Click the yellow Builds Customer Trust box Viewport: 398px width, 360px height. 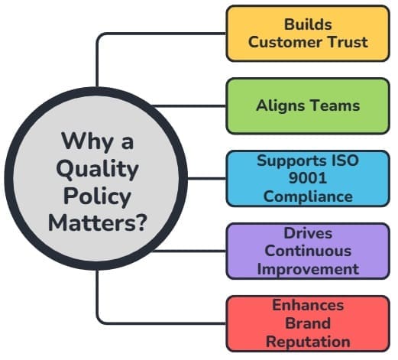[307, 33]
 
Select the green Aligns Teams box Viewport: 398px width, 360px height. [307, 105]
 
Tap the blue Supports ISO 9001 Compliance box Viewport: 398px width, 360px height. [307, 178]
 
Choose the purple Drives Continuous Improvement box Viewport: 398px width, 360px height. [307, 250]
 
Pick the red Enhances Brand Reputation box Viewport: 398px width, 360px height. [307, 323]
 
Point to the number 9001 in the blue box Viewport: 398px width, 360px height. [308, 178]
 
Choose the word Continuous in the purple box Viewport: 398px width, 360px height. [308, 250]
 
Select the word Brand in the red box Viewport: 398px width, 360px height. [308, 323]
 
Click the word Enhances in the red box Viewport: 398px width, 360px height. [308, 305]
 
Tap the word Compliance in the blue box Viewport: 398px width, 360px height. [308, 196]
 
